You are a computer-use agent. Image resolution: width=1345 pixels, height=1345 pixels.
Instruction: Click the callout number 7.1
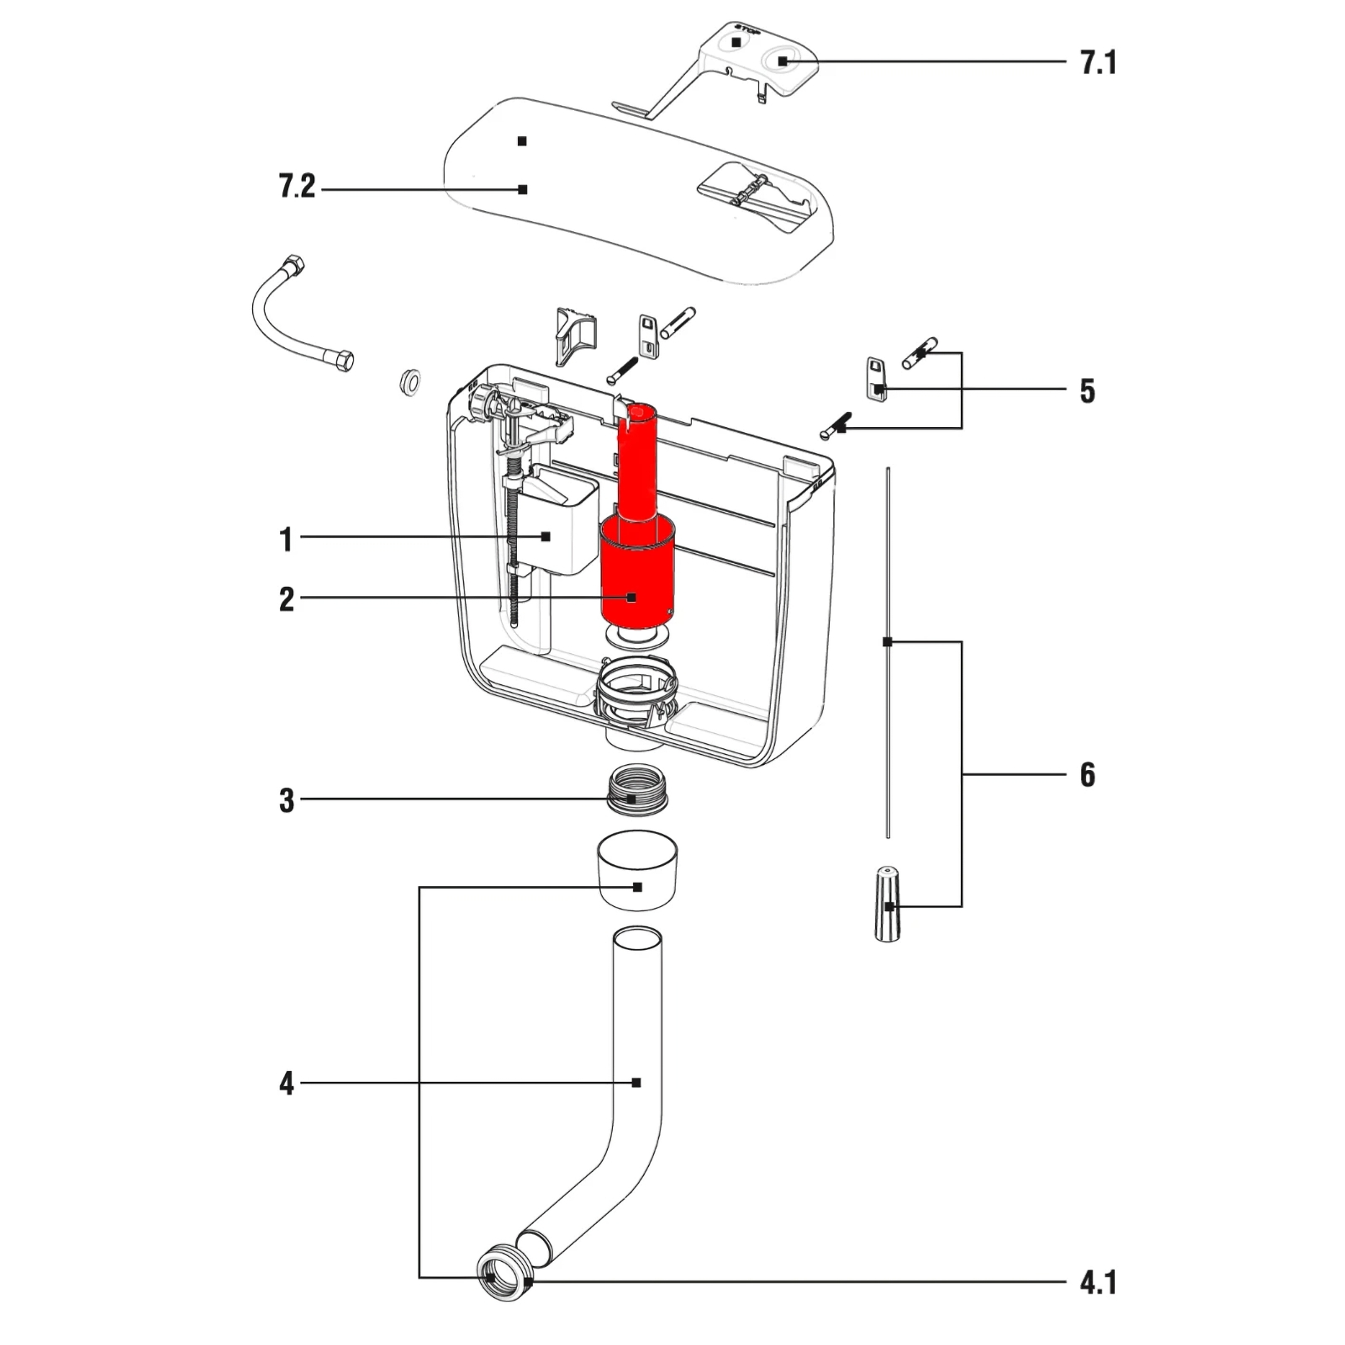tap(1098, 63)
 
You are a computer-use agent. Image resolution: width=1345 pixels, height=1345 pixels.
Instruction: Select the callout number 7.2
tap(297, 187)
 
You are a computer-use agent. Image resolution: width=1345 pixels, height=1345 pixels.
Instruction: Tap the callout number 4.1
tap(1098, 1284)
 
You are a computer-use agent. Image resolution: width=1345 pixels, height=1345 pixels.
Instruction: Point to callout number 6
tap(1088, 774)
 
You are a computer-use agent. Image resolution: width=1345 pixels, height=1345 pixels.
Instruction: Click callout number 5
tap(1088, 391)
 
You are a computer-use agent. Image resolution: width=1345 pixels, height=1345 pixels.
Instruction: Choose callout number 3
tap(287, 800)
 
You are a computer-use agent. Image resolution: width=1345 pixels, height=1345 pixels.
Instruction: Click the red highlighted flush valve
tap(636, 572)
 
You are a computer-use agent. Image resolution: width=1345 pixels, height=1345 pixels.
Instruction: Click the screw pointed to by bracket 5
tap(835, 426)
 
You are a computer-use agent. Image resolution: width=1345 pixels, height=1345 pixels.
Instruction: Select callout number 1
tap(287, 539)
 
